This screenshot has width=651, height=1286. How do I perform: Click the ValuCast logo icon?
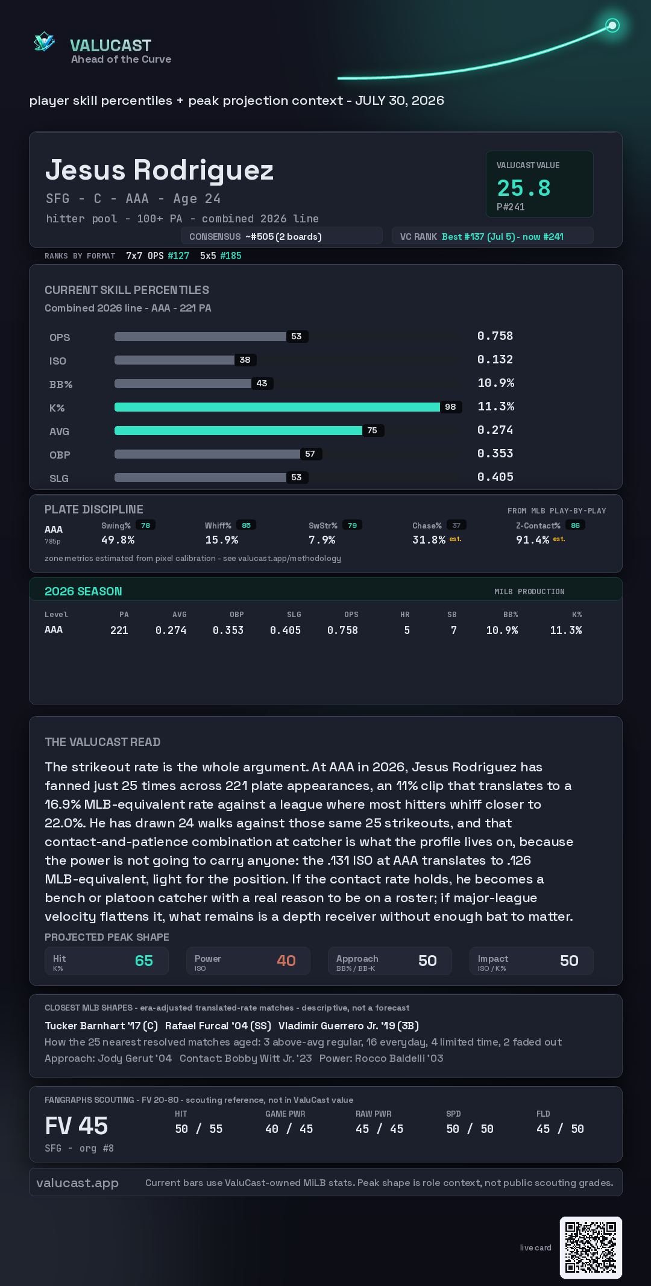tap(44, 42)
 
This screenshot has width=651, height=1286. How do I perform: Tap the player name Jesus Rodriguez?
tap(160, 170)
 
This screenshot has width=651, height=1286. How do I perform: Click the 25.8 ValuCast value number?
tap(523, 188)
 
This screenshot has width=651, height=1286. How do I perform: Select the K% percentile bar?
tap(277, 407)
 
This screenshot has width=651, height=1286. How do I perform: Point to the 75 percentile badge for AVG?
tap(373, 430)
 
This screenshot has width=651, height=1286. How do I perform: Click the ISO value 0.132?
tap(495, 360)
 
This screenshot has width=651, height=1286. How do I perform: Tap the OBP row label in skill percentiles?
tap(60, 455)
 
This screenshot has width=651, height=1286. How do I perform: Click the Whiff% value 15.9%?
tap(222, 540)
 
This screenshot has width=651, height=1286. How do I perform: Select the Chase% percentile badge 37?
tap(456, 525)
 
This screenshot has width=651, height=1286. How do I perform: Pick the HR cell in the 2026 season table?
tap(407, 630)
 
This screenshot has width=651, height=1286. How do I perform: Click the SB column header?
tap(452, 615)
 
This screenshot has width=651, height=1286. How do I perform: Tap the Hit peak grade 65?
tap(144, 961)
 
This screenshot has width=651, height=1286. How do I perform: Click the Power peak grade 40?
tap(286, 961)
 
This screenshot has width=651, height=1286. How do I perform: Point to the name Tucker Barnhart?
tap(85, 1026)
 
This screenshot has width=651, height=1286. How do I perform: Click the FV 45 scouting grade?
tap(77, 1126)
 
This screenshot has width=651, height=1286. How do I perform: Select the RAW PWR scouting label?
tap(374, 1114)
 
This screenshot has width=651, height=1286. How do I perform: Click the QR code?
tap(591, 1247)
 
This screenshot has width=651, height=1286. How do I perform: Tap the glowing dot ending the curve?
tap(612, 25)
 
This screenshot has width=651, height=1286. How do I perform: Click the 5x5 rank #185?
tap(231, 256)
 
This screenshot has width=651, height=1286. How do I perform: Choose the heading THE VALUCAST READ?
tap(102, 742)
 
